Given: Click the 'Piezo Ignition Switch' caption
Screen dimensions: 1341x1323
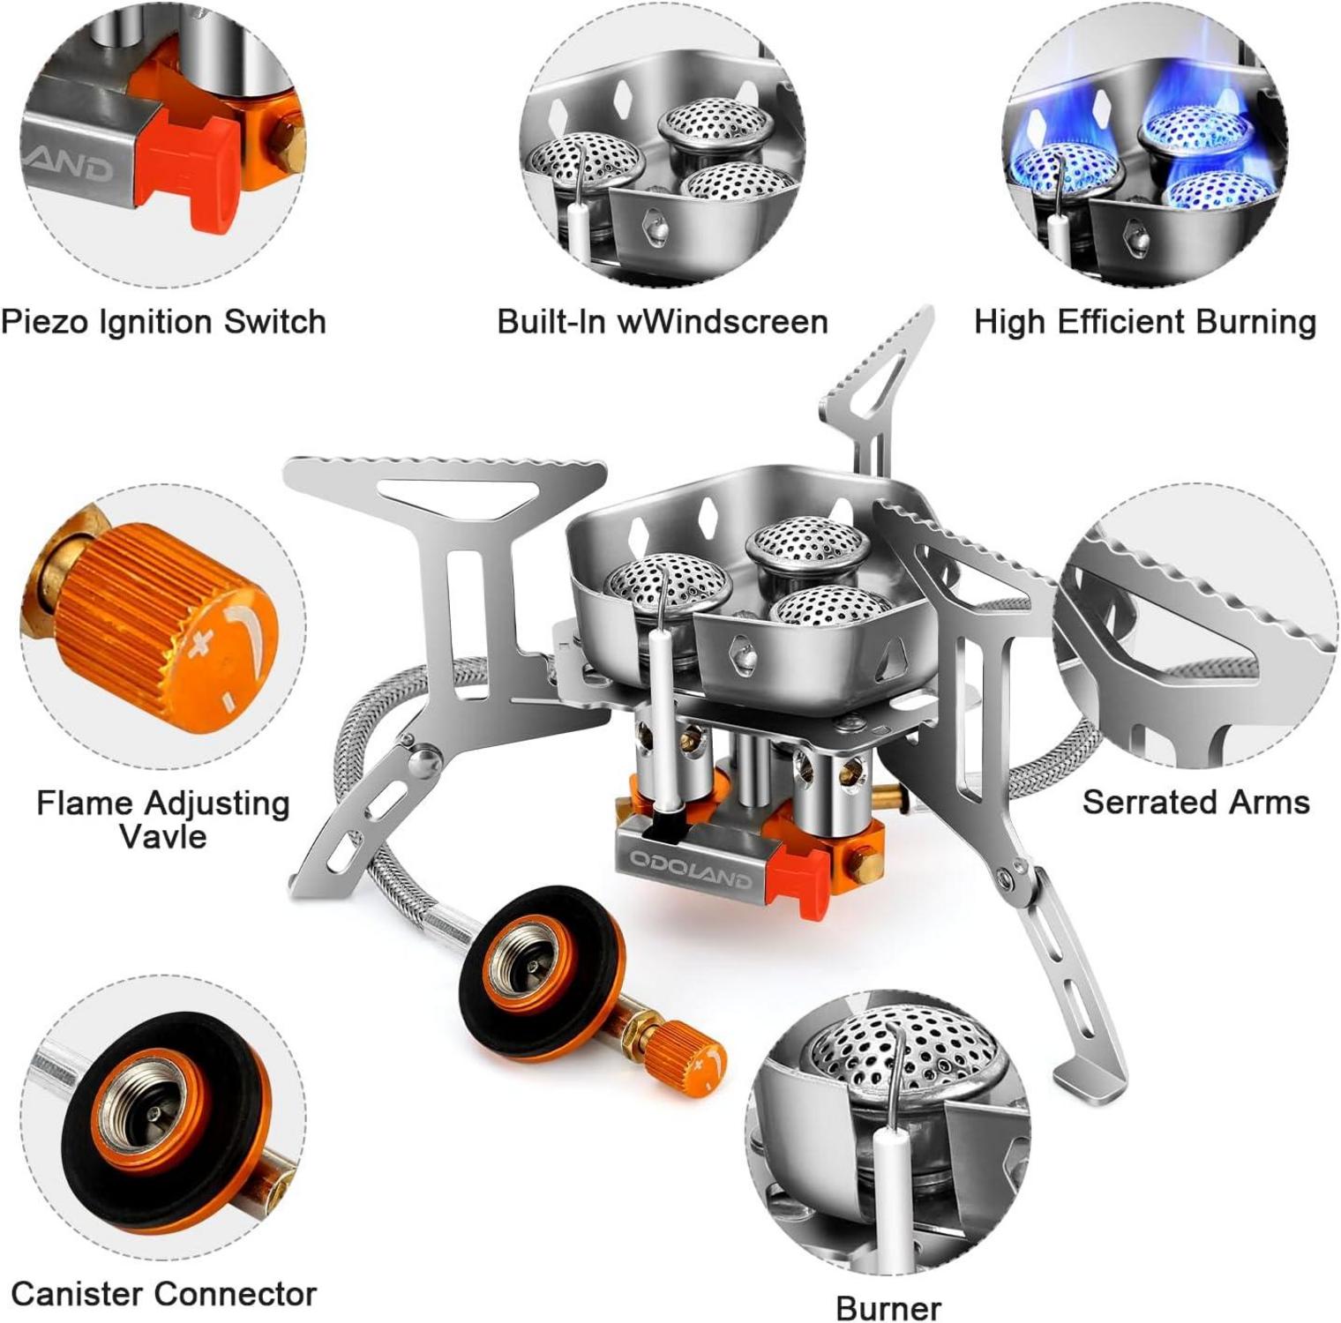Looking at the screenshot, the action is pyautogui.click(x=164, y=322).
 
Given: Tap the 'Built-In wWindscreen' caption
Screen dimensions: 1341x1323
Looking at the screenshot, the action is pyautogui.click(x=663, y=321).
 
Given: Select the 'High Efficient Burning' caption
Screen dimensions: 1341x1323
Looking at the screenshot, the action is pyautogui.click(x=1145, y=322).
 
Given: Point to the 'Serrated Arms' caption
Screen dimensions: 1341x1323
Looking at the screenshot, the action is pyautogui.click(x=1195, y=802).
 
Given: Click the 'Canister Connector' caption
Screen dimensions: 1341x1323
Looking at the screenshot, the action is pyautogui.click(x=164, y=1294).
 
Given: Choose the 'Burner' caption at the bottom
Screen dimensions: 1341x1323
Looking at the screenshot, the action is pyautogui.click(x=888, y=1307).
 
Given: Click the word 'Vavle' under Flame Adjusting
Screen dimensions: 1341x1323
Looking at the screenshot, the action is pyautogui.click(x=163, y=835).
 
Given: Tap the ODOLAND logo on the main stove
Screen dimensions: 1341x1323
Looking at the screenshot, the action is pyautogui.click(x=691, y=869).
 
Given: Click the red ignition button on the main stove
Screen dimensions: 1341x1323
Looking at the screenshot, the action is pyautogui.click(x=799, y=874).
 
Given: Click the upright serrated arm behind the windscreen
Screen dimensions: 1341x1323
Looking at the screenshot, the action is pyautogui.click(x=873, y=388).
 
